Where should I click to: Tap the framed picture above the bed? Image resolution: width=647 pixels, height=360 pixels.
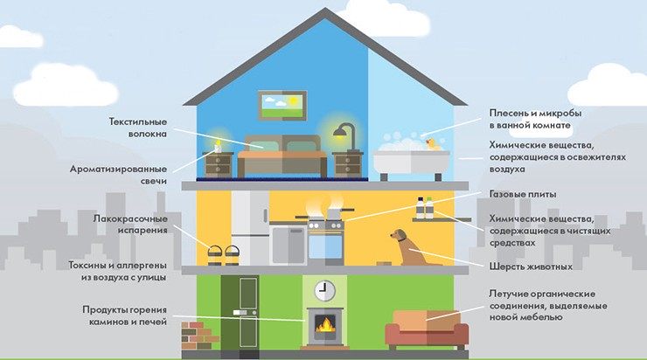281,105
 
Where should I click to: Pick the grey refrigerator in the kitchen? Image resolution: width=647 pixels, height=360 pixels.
251,227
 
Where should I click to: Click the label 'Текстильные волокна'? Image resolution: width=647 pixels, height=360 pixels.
138,128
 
